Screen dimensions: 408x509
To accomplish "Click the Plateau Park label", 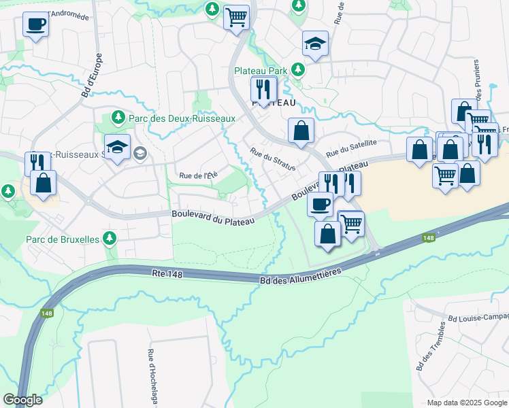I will point(261,70).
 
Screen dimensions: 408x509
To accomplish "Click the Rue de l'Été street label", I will point(197,175).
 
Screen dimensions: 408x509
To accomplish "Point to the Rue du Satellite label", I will point(350,148).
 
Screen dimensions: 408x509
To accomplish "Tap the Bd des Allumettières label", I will point(301,276).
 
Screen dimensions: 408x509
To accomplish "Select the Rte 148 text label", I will point(168,273).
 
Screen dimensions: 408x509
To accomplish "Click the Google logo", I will point(22,399).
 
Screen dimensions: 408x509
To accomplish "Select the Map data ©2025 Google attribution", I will point(466,403).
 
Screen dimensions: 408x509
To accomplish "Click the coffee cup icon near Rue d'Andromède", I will point(35,24).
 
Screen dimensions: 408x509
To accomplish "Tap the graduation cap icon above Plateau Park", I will point(315,44).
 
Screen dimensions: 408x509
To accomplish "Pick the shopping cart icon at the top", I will point(235,17).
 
